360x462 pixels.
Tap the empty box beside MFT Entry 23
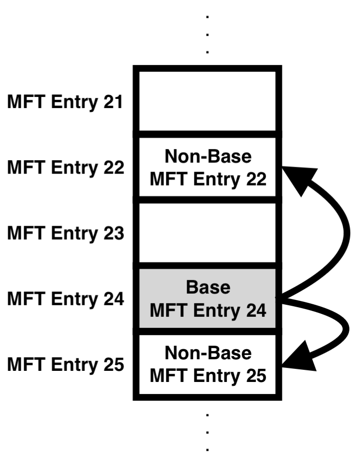[x=208, y=233]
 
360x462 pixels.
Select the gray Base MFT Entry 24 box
[x=208, y=299]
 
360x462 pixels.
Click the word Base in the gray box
[x=208, y=288]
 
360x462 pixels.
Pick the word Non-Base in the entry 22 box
[x=208, y=157]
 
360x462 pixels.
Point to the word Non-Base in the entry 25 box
[x=208, y=354]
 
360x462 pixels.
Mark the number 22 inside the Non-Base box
[x=254, y=179]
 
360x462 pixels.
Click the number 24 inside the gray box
[x=254, y=310]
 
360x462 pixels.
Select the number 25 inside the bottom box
[x=254, y=376]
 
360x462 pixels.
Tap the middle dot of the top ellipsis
[x=208, y=34]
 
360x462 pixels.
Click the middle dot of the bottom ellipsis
[x=208, y=432]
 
